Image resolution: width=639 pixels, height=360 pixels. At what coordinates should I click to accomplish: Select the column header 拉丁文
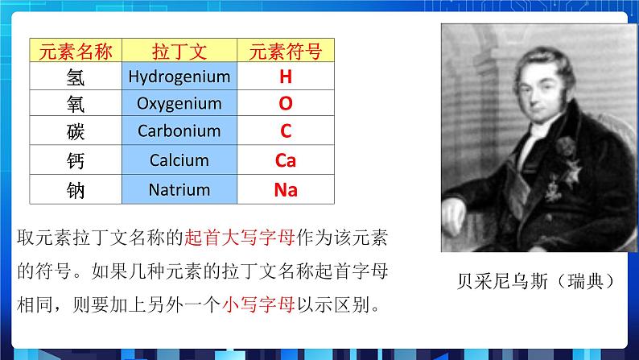(x=179, y=52)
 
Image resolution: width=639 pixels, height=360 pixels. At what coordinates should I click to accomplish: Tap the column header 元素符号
(x=286, y=52)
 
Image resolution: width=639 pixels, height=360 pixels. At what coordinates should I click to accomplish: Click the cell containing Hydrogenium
(x=179, y=77)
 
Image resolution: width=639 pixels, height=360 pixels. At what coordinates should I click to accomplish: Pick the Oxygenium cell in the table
(x=179, y=104)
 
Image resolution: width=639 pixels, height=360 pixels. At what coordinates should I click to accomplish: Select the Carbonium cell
(x=179, y=130)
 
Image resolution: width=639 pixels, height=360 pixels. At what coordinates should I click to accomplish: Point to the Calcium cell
(x=179, y=160)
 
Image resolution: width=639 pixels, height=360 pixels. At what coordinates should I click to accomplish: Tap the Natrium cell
(x=179, y=190)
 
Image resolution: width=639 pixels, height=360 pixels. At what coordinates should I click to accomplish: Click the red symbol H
(x=286, y=77)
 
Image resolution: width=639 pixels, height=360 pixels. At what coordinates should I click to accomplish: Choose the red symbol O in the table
(x=286, y=104)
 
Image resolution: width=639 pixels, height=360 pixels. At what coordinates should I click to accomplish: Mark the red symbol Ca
(x=286, y=160)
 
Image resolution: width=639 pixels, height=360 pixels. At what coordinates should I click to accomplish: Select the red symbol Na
(x=286, y=190)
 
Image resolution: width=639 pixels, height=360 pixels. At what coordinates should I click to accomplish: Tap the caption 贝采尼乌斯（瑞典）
(x=537, y=281)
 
